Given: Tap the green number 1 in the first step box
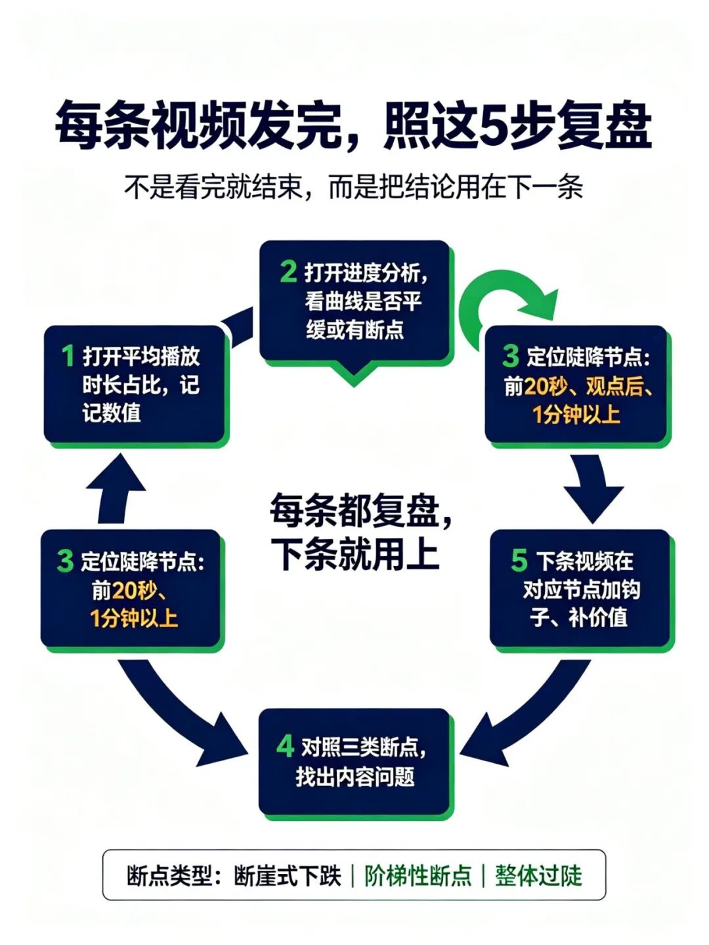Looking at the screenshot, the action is coord(68,356).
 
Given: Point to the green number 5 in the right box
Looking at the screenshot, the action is coord(519,561).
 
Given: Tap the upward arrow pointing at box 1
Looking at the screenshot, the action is coord(114,489).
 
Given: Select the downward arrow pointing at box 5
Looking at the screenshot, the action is coord(593,489).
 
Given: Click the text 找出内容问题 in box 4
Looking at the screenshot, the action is coord(355,777).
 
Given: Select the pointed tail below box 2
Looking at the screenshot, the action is coord(354,374).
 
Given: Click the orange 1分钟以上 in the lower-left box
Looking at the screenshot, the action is coord(134,619).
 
